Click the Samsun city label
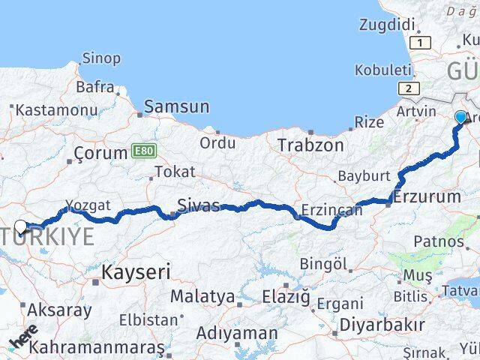tap(176, 107)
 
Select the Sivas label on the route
tap(199, 205)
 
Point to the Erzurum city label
tap(427, 197)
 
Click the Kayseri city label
tap(136, 271)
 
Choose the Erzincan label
tap(331, 211)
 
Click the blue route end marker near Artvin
tap(461, 117)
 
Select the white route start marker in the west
tap(21, 225)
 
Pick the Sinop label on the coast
tap(100, 58)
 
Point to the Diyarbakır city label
tap(382, 325)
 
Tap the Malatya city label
tap(202, 296)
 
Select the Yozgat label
tap(88, 205)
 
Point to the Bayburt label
tap(364, 175)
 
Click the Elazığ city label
tap(286, 297)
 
